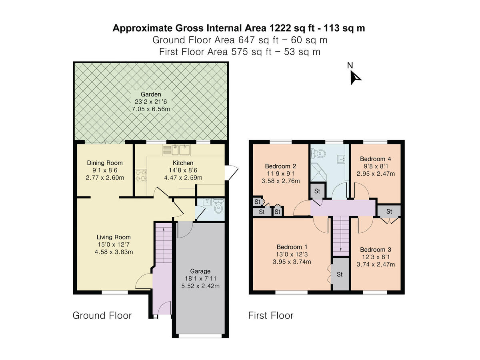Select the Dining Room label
[105, 163]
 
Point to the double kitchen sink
[180, 150]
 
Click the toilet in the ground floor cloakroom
[218, 207]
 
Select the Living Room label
[114, 237]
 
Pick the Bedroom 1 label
[292, 247]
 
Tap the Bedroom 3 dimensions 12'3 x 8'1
[375, 257]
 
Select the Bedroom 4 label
[375, 159]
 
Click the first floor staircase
[340, 236]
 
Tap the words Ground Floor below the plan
[102, 315]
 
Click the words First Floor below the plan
[271, 315]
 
